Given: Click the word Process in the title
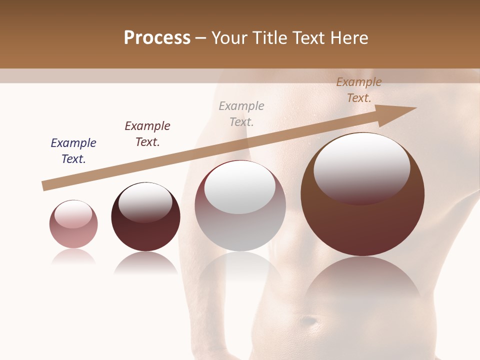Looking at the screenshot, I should click(157, 38).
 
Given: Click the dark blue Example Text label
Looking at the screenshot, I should click(73, 151).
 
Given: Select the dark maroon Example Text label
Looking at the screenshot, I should click(147, 134).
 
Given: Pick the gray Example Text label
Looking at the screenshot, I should click(241, 114).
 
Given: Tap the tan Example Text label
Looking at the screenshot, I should click(359, 90).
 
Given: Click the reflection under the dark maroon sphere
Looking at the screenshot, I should click(145, 262).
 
